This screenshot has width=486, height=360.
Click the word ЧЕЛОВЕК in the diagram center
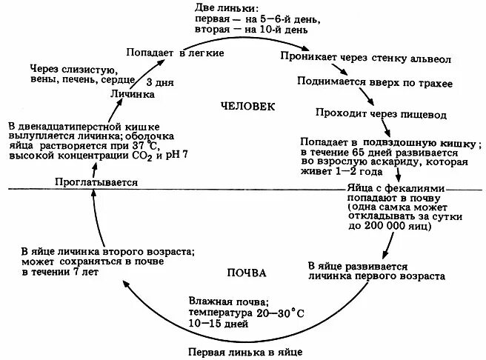[x=247, y=107]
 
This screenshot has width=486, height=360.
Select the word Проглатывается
[x=96, y=181]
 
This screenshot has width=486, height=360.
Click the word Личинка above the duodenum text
[x=132, y=96]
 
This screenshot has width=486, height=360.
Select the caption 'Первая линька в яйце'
[x=245, y=352]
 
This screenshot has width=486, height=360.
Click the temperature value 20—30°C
[x=279, y=313]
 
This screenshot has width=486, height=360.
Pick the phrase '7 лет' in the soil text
[x=85, y=273]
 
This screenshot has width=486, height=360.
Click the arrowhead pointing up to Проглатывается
[x=93, y=192]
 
